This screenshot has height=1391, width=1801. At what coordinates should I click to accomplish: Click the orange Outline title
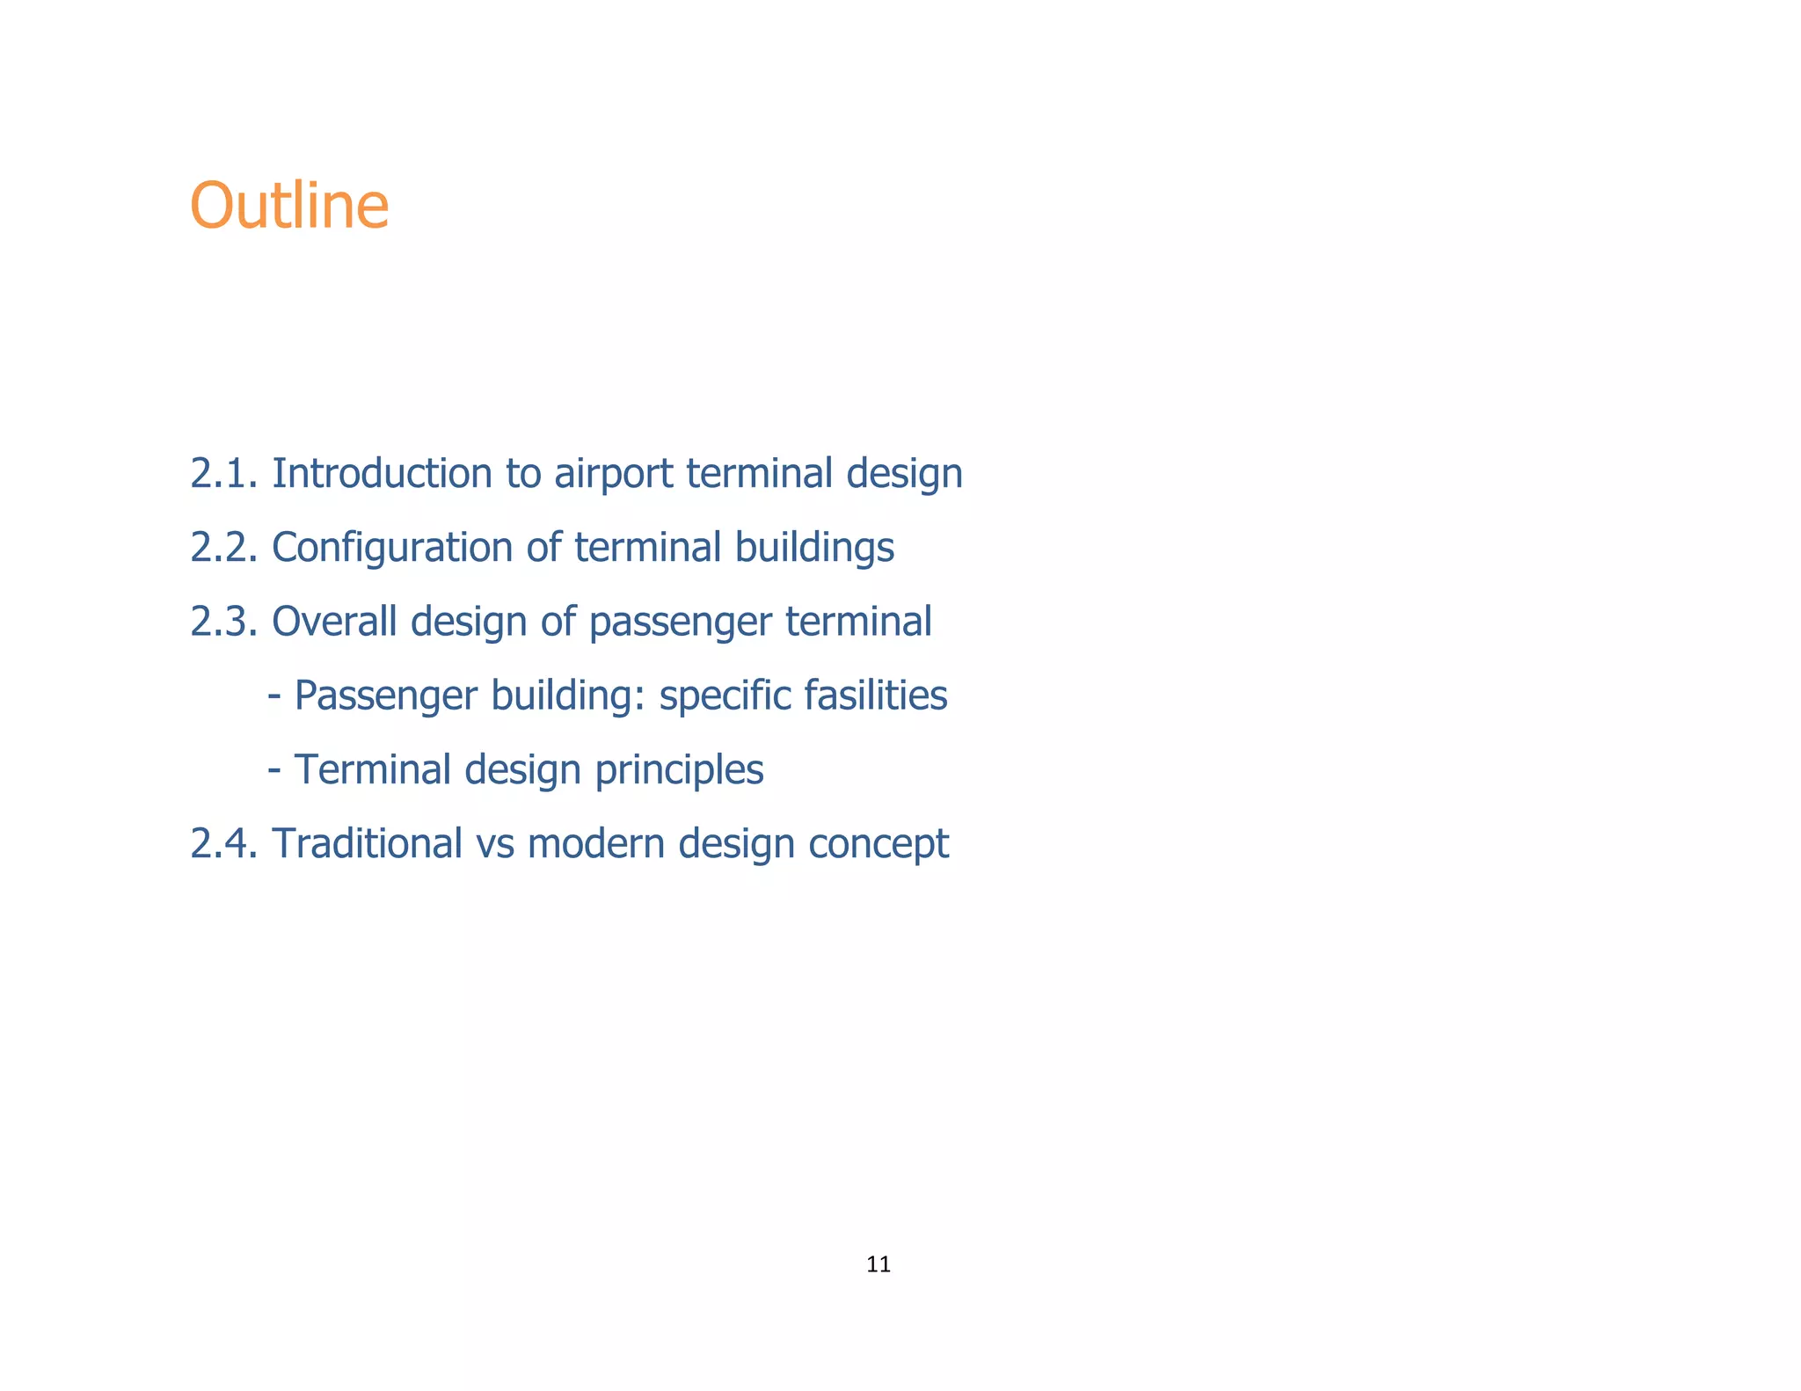pos(288,206)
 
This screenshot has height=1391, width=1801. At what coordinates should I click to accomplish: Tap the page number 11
pos(878,1264)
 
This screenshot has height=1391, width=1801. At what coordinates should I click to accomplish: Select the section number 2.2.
pos(223,547)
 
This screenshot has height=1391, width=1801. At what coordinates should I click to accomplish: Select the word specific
pos(725,696)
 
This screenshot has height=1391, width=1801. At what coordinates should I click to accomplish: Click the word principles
pos(679,771)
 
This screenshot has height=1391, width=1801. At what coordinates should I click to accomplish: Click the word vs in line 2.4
pos(494,844)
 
